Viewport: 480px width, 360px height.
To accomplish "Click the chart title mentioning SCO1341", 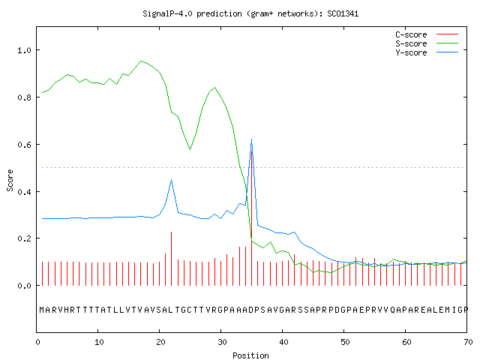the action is (x=250, y=13).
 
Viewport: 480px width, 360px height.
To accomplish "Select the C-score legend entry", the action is (x=427, y=34).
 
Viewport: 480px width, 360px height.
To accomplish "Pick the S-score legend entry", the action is (x=427, y=43).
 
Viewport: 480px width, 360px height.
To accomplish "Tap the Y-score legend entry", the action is (x=427, y=52).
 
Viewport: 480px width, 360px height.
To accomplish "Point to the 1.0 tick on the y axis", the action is (x=24, y=50).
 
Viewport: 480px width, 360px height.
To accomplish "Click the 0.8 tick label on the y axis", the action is (x=24, y=97).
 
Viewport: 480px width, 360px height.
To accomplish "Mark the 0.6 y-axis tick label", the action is (x=24, y=145).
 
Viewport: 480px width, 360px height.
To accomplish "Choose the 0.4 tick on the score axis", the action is (x=24, y=192).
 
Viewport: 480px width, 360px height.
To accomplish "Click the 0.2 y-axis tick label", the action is (x=24, y=238).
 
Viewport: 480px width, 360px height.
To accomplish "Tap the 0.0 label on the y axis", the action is (x=24, y=286).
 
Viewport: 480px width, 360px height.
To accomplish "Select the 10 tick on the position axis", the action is (x=99, y=342).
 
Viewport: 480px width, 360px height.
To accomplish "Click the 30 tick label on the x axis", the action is (x=222, y=342).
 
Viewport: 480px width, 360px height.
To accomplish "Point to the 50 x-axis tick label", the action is (x=345, y=342).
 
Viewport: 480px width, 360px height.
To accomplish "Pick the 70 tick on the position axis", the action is (x=468, y=342).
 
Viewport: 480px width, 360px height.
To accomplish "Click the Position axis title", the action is (x=250, y=355).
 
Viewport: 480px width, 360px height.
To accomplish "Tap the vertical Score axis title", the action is (x=10, y=180).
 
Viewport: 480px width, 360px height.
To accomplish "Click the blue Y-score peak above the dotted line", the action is (x=252, y=139).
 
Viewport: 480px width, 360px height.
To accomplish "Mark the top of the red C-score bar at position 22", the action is (x=172, y=232).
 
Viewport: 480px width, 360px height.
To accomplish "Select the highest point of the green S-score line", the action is (x=141, y=61).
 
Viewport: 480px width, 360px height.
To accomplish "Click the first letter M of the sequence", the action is (x=42, y=310).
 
